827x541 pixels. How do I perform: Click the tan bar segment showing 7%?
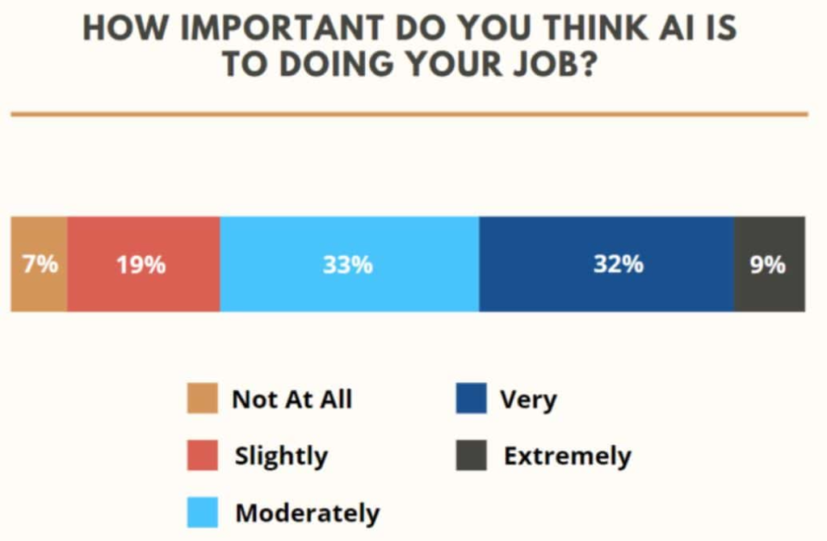(39, 264)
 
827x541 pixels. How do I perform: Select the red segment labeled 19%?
(143, 264)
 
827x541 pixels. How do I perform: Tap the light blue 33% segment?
(349, 264)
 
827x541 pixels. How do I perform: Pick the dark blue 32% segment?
(606, 264)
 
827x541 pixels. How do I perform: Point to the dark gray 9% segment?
(769, 264)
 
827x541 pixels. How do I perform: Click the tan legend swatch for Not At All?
(203, 399)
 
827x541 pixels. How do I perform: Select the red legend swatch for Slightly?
(203, 455)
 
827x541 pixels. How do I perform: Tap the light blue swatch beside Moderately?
(203, 513)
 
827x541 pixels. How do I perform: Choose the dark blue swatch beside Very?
(471, 399)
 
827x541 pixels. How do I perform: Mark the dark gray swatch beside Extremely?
(471, 455)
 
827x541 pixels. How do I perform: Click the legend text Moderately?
(307, 513)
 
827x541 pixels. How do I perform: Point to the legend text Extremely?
(567, 456)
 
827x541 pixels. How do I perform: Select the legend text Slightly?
(281, 456)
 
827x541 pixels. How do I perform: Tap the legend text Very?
(528, 399)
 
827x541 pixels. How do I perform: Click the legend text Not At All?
(292, 399)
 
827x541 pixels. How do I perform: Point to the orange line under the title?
(409, 115)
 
